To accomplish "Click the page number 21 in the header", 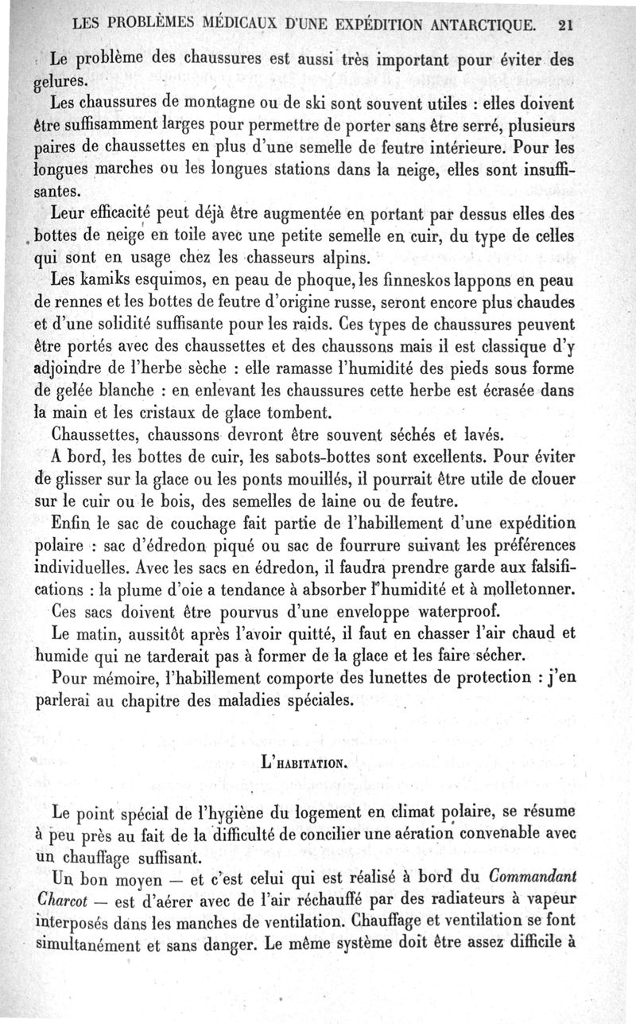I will click(566, 24).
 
